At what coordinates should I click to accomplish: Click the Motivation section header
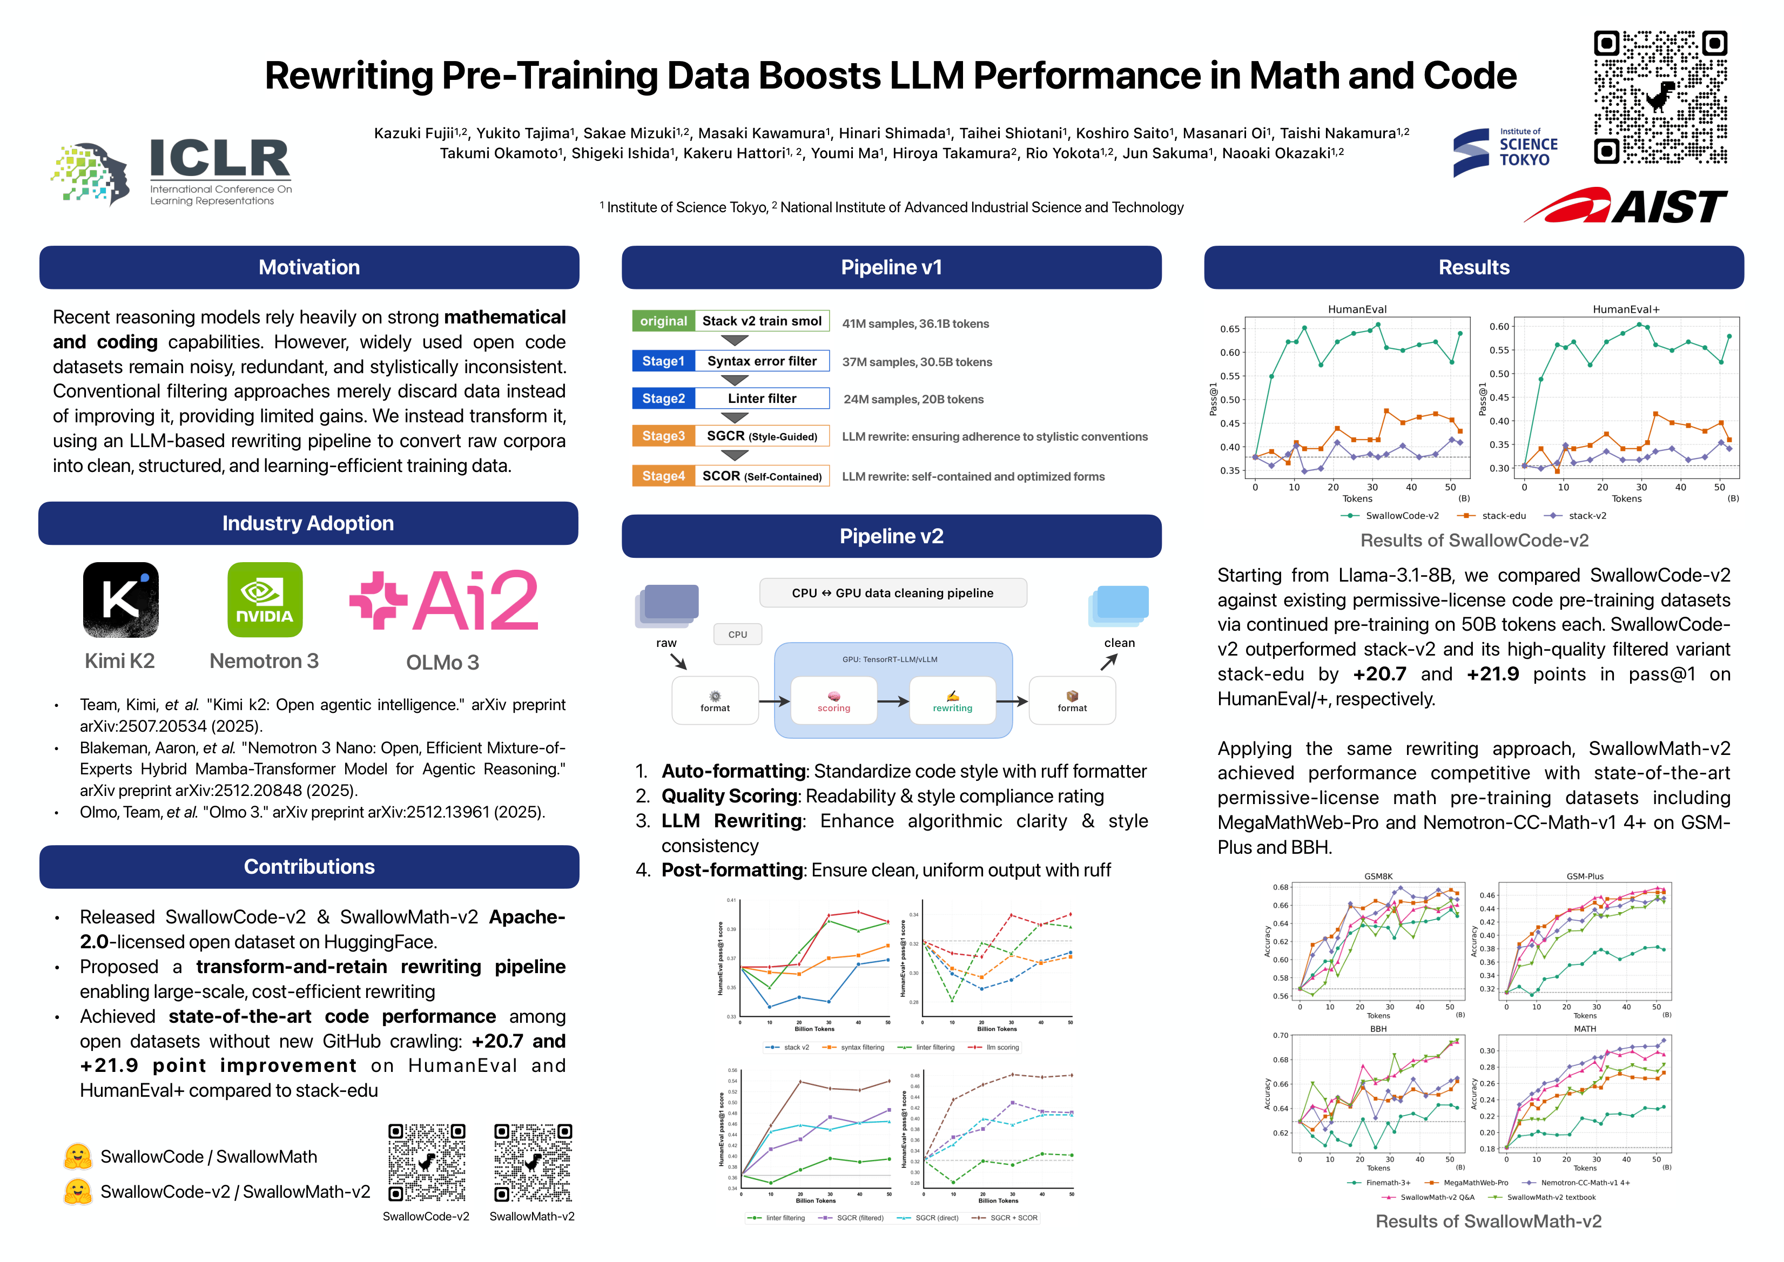tap(308, 267)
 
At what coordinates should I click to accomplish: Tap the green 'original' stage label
tap(663, 321)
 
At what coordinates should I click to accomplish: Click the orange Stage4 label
tap(663, 476)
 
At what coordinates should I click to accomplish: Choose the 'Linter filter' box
tap(762, 399)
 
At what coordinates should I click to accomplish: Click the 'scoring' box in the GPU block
tap(833, 701)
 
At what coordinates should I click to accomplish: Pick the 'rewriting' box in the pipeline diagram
tap(952, 701)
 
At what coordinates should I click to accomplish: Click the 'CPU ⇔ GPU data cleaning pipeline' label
tap(892, 593)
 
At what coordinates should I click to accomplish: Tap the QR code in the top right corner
tap(1660, 97)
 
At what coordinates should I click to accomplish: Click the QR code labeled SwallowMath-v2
tap(533, 1163)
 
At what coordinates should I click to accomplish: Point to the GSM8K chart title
tap(1378, 876)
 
